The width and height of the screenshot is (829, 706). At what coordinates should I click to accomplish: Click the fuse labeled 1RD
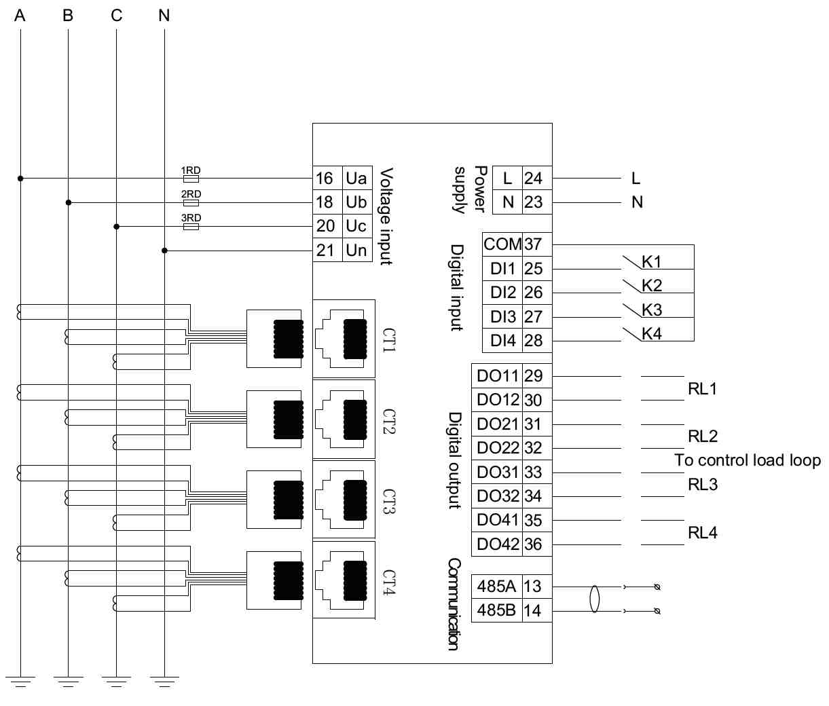[191, 179]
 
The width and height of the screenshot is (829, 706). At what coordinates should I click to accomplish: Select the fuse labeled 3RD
[191, 226]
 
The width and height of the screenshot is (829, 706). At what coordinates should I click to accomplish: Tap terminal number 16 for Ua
[325, 179]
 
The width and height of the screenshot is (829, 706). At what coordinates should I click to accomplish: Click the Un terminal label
[356, 250]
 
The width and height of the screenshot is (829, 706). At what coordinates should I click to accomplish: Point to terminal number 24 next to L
[534, 179]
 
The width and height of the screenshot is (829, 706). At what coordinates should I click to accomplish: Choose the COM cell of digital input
[502, 244]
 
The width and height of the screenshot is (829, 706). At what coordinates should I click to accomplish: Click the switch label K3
[652, 310]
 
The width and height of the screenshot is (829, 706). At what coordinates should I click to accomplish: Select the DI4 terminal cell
[502, 341]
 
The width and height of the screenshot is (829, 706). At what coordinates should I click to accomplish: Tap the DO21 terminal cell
[497, 424]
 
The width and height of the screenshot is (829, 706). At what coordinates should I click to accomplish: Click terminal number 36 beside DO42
[534, 544]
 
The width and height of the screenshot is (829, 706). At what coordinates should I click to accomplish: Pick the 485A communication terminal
[496, 586]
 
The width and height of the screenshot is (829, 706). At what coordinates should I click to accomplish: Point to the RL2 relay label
[703, 436]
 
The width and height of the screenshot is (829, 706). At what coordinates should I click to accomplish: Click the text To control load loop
[748, 460]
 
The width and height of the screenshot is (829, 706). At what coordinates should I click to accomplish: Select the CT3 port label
[388, 502]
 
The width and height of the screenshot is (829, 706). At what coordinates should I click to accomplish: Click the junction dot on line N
[164, 250]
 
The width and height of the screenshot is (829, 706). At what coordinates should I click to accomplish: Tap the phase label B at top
[68, 15]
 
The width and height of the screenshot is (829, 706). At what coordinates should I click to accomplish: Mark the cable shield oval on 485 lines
[595, 599]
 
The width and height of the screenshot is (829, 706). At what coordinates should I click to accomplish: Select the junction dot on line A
[20, 179]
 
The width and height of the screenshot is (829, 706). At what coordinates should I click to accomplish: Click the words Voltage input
[386, 217]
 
